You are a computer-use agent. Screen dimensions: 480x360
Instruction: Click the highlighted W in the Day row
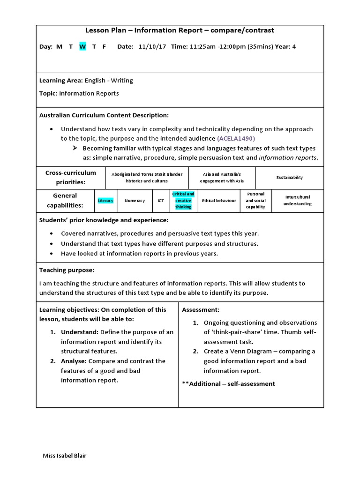[x=82, y=46]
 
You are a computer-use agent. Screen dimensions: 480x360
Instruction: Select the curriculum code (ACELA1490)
[x=236, y=138]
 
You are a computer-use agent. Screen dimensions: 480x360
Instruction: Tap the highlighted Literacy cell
[x=105, y=201]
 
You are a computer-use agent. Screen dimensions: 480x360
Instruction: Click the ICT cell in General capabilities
[x=161, y=201]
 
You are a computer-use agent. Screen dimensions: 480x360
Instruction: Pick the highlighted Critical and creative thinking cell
[x=183, y=200]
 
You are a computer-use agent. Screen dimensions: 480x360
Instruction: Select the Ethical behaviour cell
[x=219, y=201]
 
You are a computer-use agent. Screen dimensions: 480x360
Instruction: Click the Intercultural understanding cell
[x=297, y=201]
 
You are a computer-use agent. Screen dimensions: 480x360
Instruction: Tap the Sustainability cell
[x=290, y=178]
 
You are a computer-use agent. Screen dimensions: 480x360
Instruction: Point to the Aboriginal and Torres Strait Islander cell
[x=147, y=177]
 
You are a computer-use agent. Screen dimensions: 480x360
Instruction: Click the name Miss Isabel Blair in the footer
[x=64, y=456]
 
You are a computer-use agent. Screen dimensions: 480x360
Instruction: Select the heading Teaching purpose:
[x=67, y=270]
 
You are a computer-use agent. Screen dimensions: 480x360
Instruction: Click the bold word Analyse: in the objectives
[x=74, y=361]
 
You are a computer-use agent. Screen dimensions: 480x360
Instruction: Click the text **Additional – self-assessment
[x=228, y=383]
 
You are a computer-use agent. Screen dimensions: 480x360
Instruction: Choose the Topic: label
[x=48, y=93]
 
